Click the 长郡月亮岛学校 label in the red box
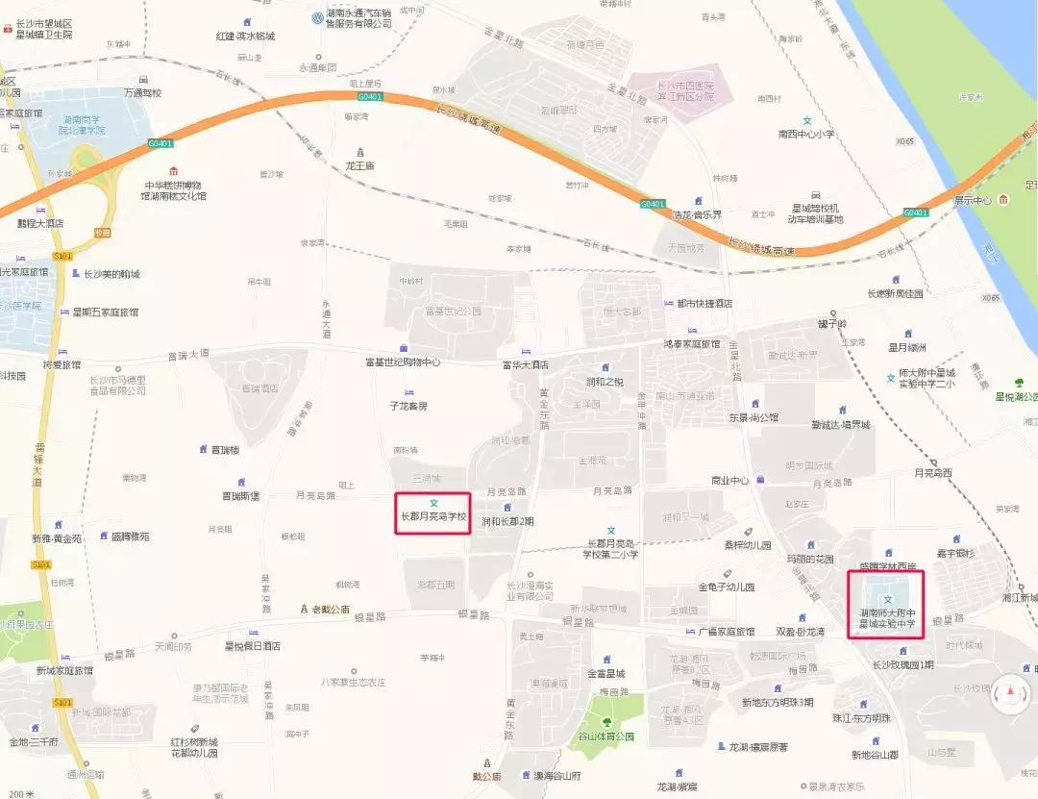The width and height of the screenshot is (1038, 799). click(433, 516)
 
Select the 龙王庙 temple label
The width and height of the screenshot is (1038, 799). click(361, 165)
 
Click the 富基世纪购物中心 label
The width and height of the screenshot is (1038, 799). click(402, 362)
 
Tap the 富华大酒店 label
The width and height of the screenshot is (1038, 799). click(525, 364)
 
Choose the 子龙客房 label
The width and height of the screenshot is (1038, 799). click(408, 406)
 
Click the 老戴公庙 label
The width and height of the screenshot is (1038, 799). click(326, 609)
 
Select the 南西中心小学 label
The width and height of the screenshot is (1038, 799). click(806, 135)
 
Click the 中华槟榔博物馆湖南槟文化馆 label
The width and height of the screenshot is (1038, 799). click(174, 189)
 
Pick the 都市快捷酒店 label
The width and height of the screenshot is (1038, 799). click(704, 303)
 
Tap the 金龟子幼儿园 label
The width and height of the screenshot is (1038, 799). click(727, 587)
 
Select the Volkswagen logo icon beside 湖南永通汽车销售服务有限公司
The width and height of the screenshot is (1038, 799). click(316, 17)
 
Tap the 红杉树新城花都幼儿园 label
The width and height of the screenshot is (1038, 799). click(194, 747)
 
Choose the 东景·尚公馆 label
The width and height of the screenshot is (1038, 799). click(754, 417)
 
